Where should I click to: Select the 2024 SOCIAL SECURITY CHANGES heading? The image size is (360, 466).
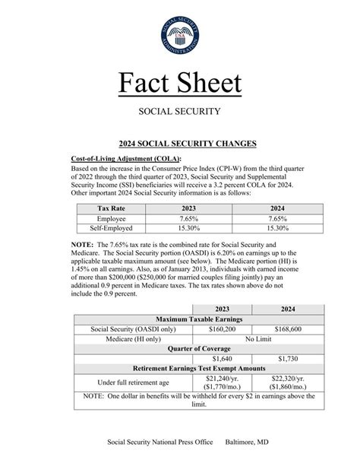(180, 143)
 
